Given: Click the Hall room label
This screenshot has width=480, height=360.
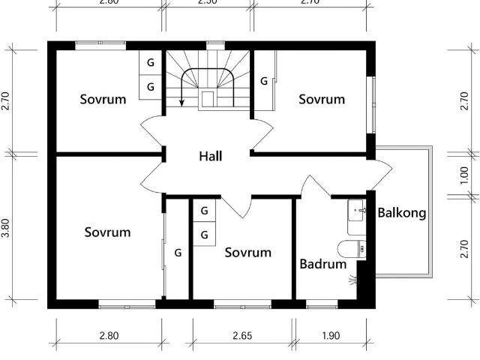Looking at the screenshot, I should [211, 156].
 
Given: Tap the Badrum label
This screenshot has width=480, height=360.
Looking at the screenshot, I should [323, 264].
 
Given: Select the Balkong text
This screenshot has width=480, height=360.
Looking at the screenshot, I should [402, 212].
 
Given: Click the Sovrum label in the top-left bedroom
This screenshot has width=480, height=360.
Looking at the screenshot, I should [103, 99].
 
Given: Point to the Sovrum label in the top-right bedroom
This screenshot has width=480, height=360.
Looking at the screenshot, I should [322, 99].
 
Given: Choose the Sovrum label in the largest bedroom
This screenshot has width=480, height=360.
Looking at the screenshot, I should [107, 232].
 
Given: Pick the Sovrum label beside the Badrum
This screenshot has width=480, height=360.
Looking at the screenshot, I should [248, 252].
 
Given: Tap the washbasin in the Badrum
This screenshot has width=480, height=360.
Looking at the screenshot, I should [356, 211].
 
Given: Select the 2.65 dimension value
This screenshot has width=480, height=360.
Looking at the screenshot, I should [242, 335].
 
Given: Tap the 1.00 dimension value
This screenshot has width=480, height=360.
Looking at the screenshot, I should [465, 175].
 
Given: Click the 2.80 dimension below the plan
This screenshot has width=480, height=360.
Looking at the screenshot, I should [109, 335].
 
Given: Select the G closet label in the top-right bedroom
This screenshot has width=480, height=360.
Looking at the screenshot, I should [264, 80].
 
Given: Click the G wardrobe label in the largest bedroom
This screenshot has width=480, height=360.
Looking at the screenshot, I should [178, 253].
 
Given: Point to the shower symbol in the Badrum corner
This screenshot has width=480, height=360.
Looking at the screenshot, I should [352, 280].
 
